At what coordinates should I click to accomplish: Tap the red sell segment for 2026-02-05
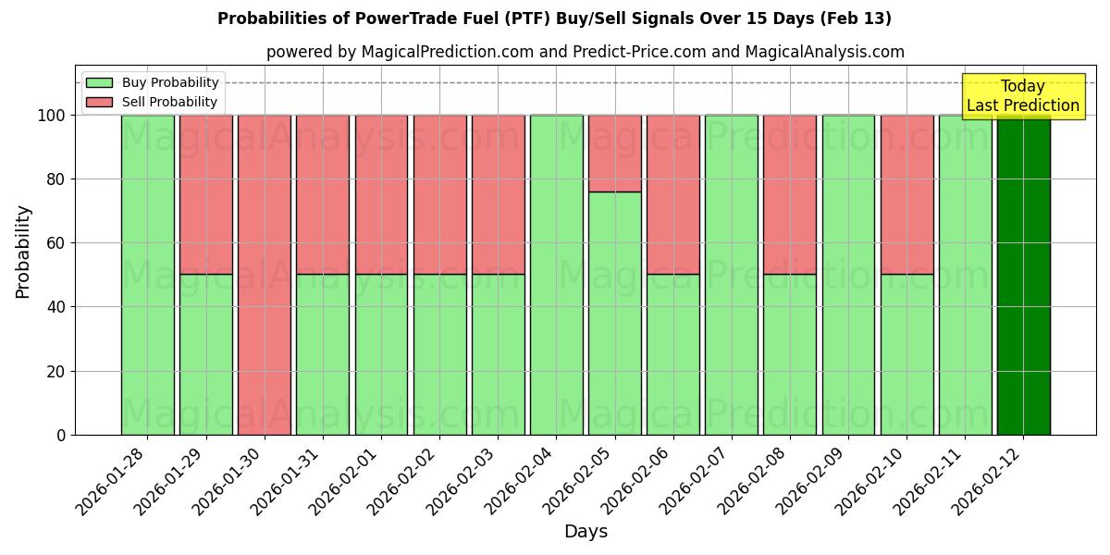(615, 154)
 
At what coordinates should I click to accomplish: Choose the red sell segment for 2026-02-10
(906, 194)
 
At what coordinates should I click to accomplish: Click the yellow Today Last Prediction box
(1023, 96)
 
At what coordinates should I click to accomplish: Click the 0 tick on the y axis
(62, 435)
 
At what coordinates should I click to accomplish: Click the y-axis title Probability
(23, 252)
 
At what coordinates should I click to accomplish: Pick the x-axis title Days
(586, 532)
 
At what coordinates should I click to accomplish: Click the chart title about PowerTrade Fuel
(555, 18)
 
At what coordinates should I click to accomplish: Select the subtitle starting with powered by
(586, 52)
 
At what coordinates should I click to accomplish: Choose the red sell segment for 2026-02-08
(790, 194)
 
